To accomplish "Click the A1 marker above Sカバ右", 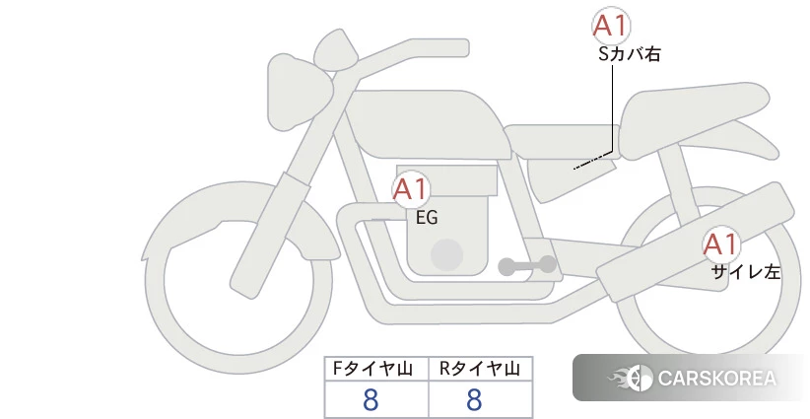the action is point(611,26).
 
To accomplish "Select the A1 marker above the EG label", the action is point(411,189).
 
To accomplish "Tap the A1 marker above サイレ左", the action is point(720,244).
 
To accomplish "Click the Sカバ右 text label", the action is point(630,54).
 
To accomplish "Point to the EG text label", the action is point(427,218).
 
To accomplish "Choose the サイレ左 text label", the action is point(745,272).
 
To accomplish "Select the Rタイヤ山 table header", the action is point(480,369).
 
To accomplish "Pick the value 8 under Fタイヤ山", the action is point(371,400).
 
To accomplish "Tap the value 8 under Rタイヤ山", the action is point(474,400).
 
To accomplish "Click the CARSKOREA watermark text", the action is point(717,379).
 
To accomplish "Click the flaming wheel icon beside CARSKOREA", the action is point(631,379).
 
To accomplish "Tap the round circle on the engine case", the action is point(446,254).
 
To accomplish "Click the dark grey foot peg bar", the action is point(527,266).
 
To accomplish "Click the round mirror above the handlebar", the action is point(336,50).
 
